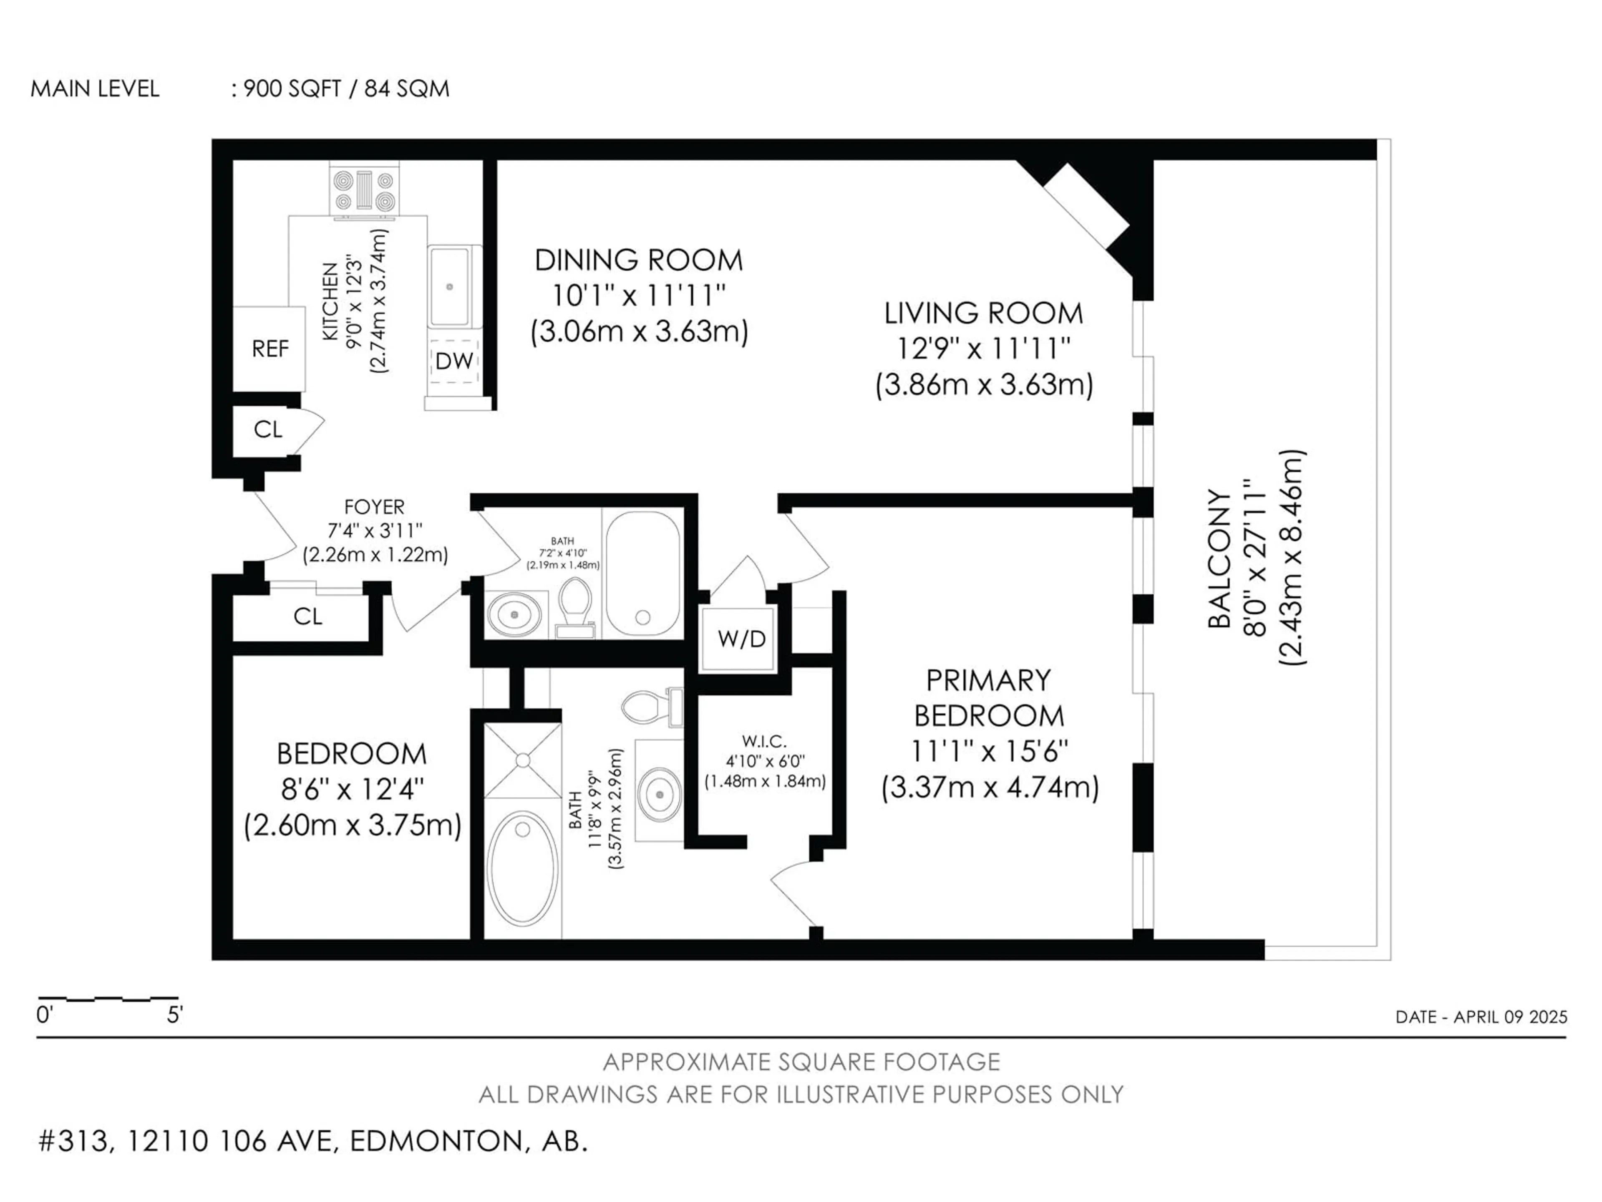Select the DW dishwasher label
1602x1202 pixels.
point(454,361)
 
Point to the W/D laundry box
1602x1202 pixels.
point(741,638)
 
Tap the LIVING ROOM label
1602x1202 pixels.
point(983,313)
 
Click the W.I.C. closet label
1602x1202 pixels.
point(764,741)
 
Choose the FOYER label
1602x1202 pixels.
point(375,506)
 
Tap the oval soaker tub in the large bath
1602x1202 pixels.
point(523,868)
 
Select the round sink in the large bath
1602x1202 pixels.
point(659,795)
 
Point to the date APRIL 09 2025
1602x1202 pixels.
point(1510,1017)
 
